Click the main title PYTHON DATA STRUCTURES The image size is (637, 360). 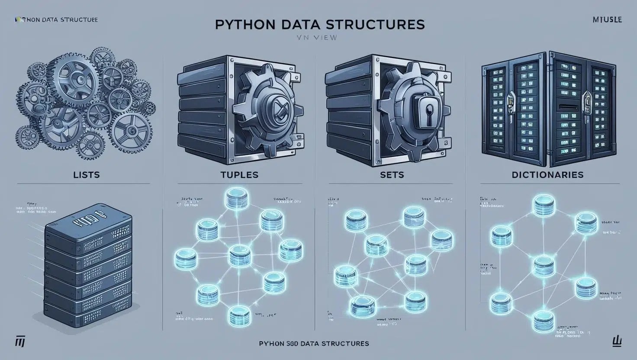point(319,24)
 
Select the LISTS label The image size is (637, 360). point(87,175)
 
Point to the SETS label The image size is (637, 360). point(392,175)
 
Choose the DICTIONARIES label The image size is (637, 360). point(547,175)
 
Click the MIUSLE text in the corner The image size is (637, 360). point(606,19)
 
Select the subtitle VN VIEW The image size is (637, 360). point(317,38)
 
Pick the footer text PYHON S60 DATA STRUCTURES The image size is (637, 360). point(314,344)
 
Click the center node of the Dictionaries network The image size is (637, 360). point(542,265)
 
